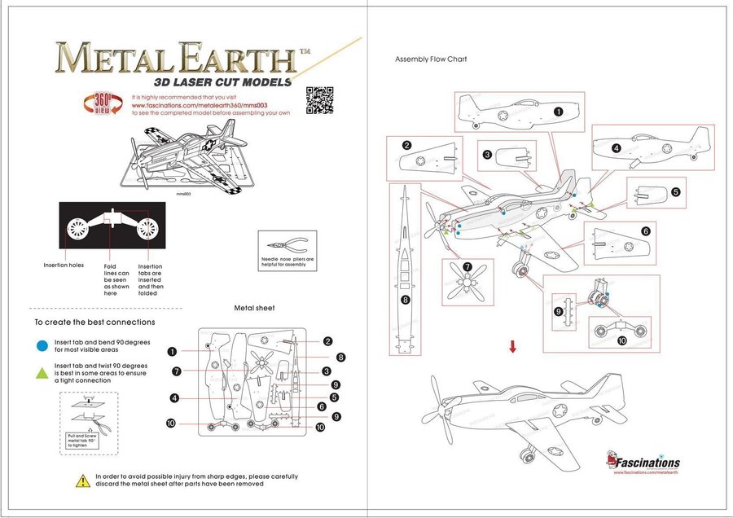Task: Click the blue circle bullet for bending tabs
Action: [x=42, y=345]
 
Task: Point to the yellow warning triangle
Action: [x=83, y=481]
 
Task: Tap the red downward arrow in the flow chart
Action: [x=512, y=347]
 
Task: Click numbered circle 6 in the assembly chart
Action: [x=646, y=231]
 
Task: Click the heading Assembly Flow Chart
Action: [x=431, y=59]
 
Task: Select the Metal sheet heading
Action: [x=254, y=308]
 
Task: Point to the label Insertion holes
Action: [x=64, y=266]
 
